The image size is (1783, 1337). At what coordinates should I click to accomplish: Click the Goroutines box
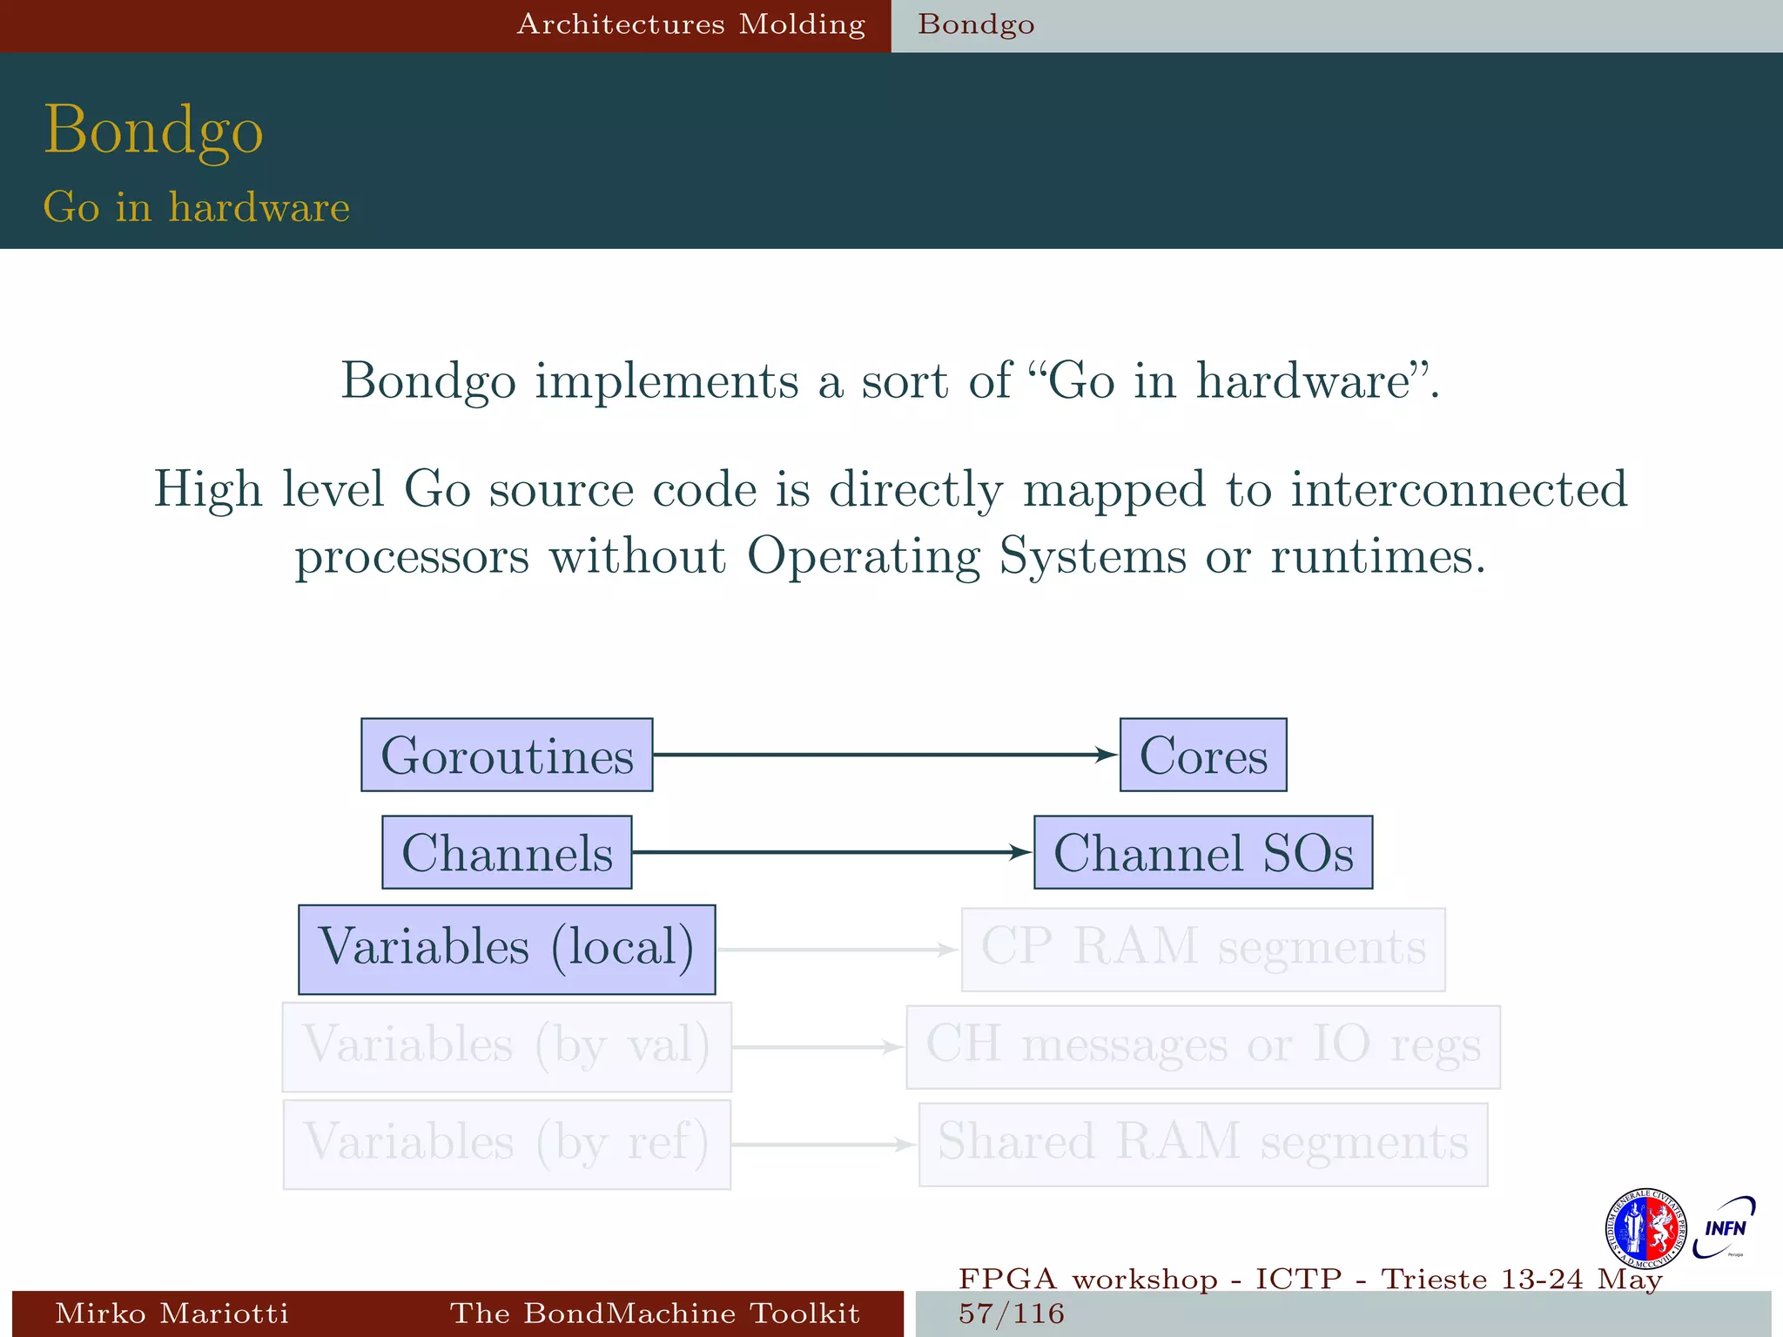(x=507, y=755)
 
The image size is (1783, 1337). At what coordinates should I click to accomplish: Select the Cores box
(x=1203, y=755)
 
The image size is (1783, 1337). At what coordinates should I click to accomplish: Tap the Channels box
(x=507, y=852)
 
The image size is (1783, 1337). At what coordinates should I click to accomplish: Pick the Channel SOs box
(x=1203, y=852)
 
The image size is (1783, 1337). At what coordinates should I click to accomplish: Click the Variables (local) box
(x=507, y=949)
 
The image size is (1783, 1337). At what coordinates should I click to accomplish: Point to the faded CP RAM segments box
(x=1203, y=949)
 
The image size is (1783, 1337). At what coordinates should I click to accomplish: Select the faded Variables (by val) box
(x=507, y=1046)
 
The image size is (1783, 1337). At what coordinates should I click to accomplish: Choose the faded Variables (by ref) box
(x=507, y=1144)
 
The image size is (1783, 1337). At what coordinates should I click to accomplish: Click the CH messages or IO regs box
(x=1203, y=1046)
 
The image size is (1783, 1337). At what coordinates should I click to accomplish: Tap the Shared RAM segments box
(x=1203, y=1144)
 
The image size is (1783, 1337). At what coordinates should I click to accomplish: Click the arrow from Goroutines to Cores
(x=884, y=755)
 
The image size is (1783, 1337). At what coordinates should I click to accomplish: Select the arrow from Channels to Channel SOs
(x=831, y=852)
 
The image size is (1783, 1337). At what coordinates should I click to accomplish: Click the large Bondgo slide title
(x=153, y=130)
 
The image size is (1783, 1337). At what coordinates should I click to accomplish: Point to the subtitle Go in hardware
(x=197, y=207)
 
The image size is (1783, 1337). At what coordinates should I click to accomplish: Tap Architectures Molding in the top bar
(x=691, y=24)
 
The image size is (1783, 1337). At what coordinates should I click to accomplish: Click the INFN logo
(x=1724, y=1227)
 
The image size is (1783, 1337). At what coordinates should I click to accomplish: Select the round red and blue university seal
(x=1645, y=1229)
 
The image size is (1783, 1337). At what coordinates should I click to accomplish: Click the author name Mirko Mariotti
(x=172, y=1313)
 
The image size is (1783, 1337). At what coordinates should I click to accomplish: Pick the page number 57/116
(x=1012, y=1313)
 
